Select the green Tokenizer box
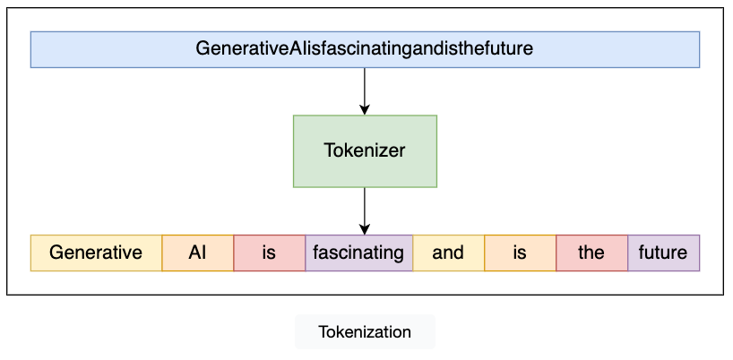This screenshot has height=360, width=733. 365,150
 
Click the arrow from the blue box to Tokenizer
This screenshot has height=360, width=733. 365,90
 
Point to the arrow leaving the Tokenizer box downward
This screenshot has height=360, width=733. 365,208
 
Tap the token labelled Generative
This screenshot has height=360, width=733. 96,253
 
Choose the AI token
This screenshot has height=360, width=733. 198,253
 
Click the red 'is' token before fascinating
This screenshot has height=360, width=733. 269,253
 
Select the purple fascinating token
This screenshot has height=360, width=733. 358,253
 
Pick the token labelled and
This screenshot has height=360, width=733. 448,253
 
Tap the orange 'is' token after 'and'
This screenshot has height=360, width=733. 520,253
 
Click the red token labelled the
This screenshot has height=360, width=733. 591,253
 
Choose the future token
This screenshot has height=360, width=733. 663,253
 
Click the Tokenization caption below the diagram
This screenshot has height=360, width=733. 365,332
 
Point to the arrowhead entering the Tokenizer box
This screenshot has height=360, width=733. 365,109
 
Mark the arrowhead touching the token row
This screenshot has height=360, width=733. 365,229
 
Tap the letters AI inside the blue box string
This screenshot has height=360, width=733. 287,49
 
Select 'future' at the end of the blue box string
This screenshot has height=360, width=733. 510,49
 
